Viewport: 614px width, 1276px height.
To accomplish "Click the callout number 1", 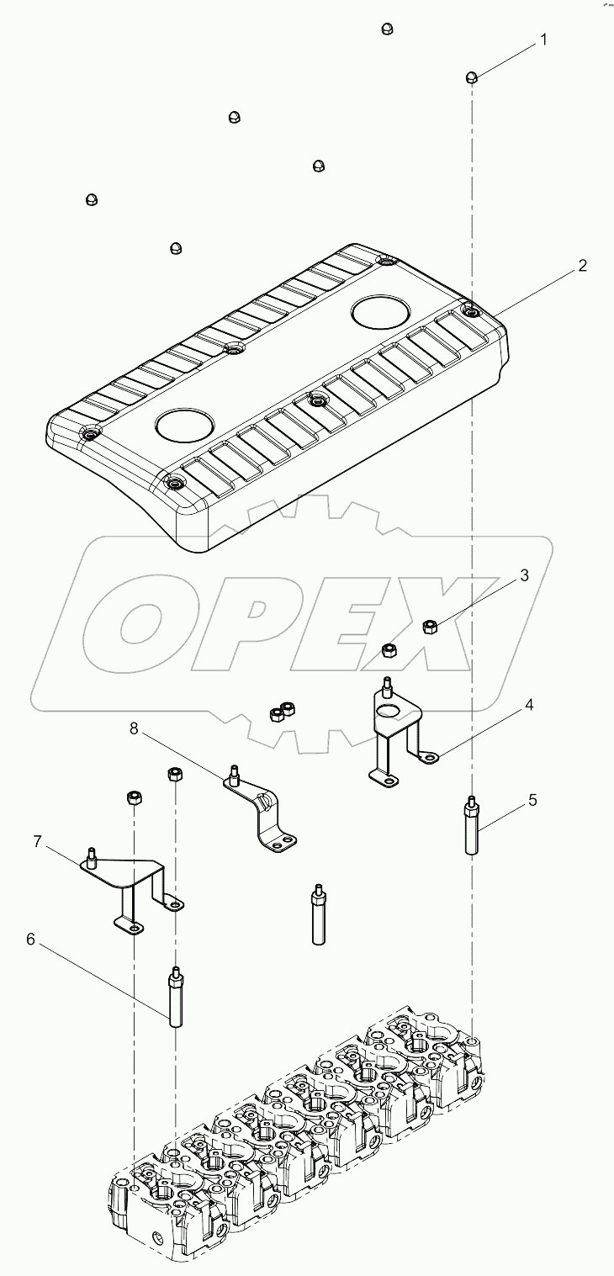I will point(543,40).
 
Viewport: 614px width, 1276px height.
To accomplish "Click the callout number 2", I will point(582,266).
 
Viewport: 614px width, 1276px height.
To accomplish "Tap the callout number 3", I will point(523,575).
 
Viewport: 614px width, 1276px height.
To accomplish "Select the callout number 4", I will point(529,705).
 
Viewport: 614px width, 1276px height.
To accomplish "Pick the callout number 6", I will point(31,939).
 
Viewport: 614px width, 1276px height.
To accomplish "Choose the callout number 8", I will point(134,728).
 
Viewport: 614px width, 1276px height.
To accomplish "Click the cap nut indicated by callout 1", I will point(473,77).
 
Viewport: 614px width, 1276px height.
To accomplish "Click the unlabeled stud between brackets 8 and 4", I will point(318,913).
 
